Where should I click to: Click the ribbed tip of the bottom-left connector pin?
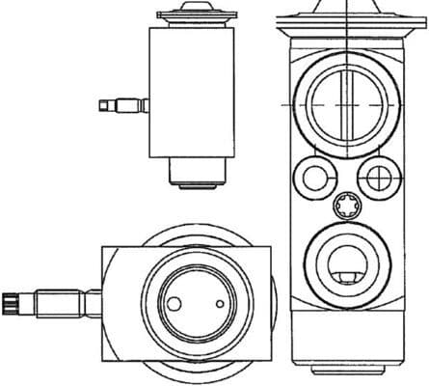click(x=11, y=304)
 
